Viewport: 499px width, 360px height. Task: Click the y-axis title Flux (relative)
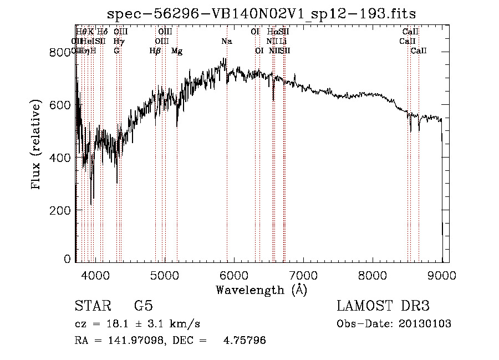[x=37, y=145]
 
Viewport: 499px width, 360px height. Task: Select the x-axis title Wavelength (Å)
[x=261, y=289]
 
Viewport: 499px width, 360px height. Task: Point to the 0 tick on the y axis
[x=68, y=259]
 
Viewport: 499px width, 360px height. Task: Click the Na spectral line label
[x=226, y=42]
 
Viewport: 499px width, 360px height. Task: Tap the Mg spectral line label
[x=177, y=51]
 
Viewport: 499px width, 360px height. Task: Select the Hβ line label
[x=155, y=51]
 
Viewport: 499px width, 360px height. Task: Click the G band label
[x=116, y=51]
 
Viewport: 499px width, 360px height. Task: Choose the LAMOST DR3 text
[x=383, y=306]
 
